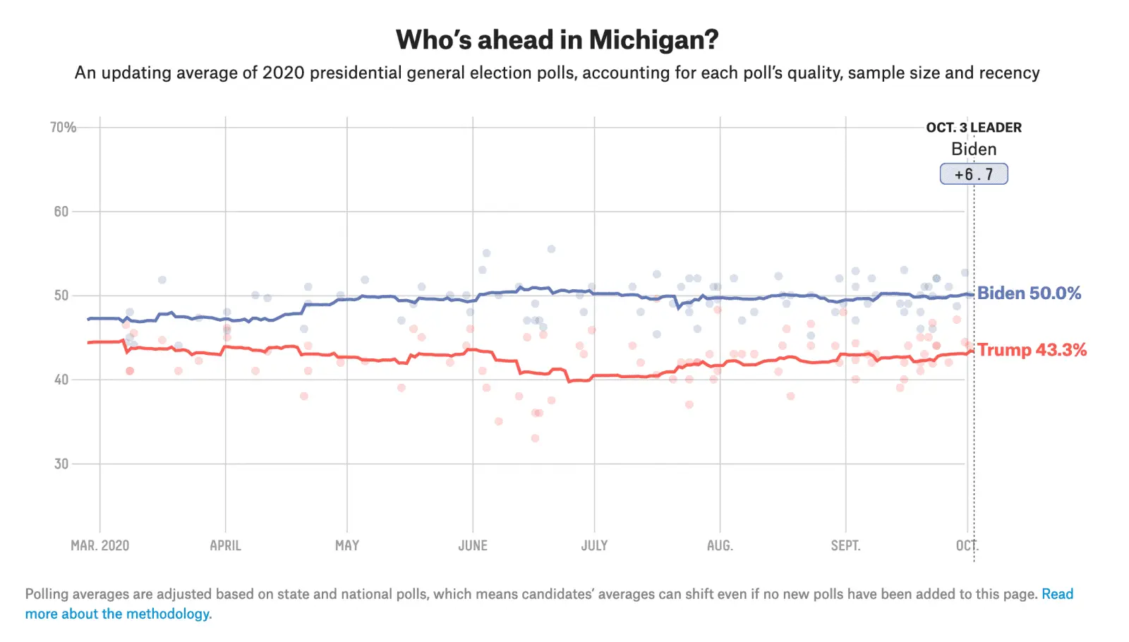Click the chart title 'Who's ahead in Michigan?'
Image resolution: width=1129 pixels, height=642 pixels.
[x=557, y=40]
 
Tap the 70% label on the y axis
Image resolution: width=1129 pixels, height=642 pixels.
[x=63, y=127]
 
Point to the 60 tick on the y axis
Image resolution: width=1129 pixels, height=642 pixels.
[x=61, y=212]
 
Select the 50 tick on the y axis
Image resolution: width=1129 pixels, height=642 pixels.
[x=61, y=296]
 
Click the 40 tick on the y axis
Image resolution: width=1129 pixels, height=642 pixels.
[x=61, y=380]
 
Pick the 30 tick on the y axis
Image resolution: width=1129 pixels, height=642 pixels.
[x=61, y=464]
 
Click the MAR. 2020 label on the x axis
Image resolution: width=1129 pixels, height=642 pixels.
[x=100, y=545]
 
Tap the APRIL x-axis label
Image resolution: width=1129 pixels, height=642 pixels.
[x=226, y=545]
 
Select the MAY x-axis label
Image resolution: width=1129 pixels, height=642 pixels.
[x=347, y=545]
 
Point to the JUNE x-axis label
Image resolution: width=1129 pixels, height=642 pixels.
[x=473, y=545]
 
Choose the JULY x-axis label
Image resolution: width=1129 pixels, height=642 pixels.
[x=594, y=545]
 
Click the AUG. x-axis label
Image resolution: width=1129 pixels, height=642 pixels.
[x=720, y=545]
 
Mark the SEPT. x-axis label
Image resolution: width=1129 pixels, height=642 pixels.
[x=845, y=545]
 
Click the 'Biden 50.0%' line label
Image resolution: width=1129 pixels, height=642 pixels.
[x=1029, y=293]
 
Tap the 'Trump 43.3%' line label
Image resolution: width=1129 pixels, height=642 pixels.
[x=1032, y=350]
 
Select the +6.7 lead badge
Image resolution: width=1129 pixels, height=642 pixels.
[x=974, y=174]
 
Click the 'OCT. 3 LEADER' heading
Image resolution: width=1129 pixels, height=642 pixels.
[x=974, y=128]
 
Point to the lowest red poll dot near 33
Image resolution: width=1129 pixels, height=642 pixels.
[x=535, y=438]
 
